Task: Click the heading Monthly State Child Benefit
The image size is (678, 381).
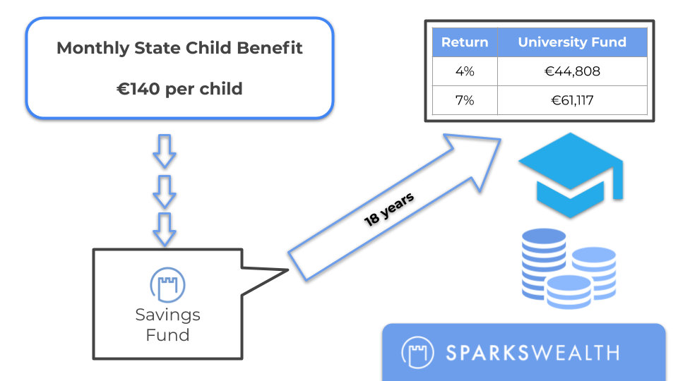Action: (179, 48)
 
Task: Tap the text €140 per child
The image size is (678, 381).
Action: (179, 89)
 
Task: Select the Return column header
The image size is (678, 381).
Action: (465, 42)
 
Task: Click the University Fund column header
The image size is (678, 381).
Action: (572, 42)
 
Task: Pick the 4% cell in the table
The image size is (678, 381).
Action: (465, 71)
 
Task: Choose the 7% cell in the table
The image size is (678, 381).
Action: (465, 100)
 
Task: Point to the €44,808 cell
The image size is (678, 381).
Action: (572, 71)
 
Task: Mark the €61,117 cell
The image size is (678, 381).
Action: (572, 100)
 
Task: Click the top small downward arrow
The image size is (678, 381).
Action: (165, 151)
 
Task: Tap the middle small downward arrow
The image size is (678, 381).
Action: (165, 191)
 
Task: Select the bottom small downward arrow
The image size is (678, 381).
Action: (165, 229)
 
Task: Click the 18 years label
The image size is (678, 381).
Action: (388, 210)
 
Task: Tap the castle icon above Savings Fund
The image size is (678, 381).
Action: (168, 284)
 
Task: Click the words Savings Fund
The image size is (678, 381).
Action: (168, 325)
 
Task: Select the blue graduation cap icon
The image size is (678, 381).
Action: (571, 174)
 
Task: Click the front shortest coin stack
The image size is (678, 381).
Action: (568, 291)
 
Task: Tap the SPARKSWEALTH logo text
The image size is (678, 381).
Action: (533, 353)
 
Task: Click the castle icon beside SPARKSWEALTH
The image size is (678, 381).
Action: (417, 352)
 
